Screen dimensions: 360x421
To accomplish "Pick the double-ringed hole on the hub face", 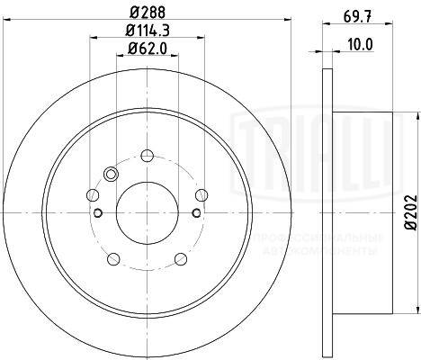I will click(x=112, y=174).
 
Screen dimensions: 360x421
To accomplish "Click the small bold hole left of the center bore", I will click(x=97, y=212).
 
